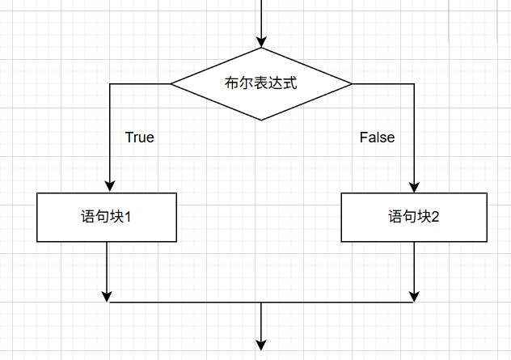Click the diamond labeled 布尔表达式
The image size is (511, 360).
[261, 83]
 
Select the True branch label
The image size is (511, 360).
[139, 138]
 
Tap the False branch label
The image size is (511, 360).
[377, 138]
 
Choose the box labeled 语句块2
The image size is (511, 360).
[414, 217]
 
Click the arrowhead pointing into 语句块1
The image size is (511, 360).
[107, 186]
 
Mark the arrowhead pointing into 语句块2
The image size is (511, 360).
[414, 186]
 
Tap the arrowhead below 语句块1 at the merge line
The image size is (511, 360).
[107, 296]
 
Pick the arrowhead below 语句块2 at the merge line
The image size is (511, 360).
[414, 296]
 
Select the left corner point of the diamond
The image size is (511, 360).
[171, 83]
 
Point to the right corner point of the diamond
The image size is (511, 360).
[352, 83]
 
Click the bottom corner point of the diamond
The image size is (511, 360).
[261, 121]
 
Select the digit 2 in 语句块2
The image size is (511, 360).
[435, 217]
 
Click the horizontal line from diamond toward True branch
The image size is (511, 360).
[138, 83]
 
